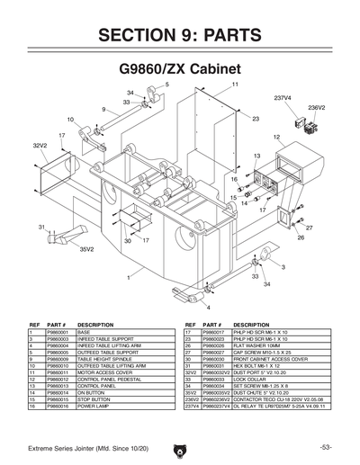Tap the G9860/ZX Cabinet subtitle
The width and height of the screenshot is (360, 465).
click(180, 68)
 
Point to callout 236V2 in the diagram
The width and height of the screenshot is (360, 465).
click(316, 107)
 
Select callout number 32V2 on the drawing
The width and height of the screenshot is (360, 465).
click(40, 145)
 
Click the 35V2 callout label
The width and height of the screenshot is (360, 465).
click(87, 249)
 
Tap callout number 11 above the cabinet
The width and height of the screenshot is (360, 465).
click(235, 84)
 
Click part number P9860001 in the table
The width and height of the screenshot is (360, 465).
click(58, 333)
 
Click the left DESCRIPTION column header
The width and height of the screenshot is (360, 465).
click(95, 324)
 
